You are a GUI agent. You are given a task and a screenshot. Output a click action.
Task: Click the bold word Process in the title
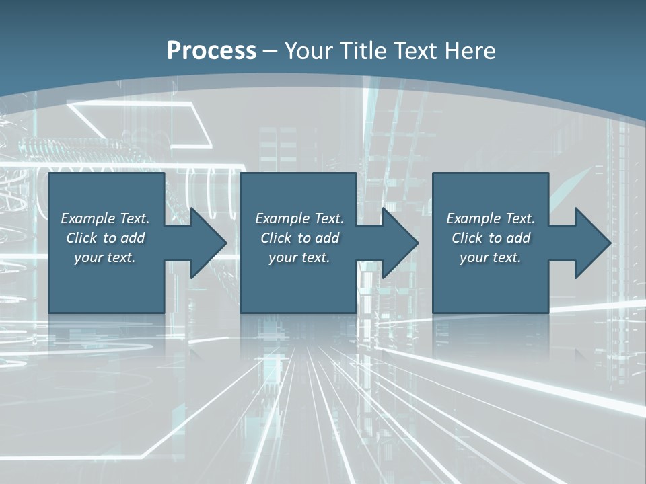click(x=211, y=51)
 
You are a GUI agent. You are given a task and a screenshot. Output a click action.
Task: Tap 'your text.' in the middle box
click(x=299, y=257)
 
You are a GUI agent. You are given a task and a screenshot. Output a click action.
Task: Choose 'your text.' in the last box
click(x=490, y=257)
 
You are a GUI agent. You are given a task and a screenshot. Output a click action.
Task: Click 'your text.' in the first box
click(x=104, y=257)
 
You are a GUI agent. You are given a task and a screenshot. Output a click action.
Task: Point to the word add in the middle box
click(x=326, y=238)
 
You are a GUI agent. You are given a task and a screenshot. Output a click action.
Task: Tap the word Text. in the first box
click(x=135, y=218)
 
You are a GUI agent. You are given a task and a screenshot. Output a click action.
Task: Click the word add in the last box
click(x=517, y=238)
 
